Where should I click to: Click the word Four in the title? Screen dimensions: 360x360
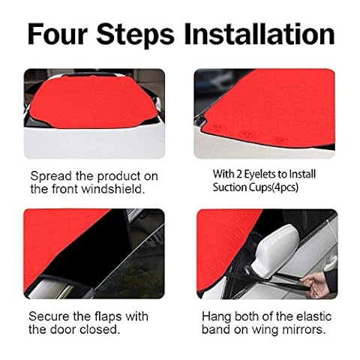point(58,34)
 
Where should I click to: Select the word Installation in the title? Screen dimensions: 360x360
point(259,34)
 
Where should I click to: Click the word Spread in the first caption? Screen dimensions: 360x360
point(51,176)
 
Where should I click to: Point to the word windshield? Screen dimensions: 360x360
point(113,189)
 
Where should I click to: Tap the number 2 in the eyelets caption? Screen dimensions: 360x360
point(239,174)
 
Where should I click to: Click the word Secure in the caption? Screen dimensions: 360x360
point(49,316)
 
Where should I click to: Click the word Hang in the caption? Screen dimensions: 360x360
point(216,317)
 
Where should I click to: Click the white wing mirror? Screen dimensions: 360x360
point(276,250)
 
